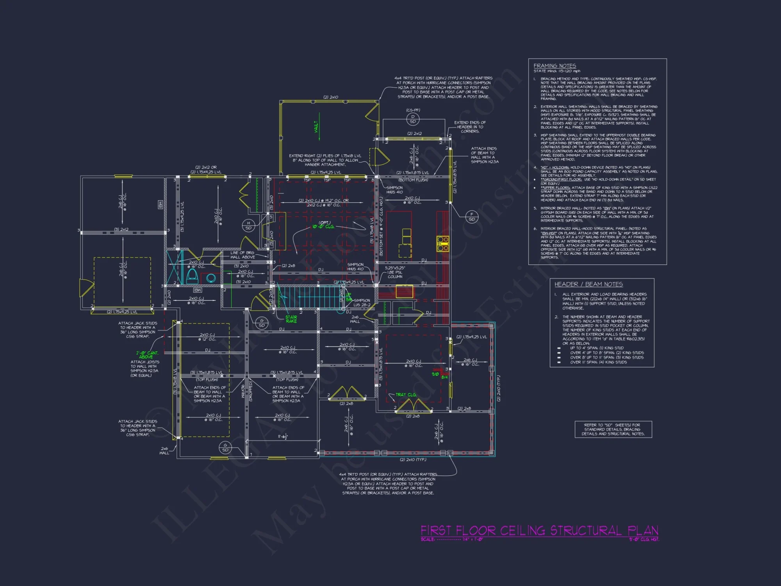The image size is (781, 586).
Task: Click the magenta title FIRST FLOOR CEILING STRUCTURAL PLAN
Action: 539,531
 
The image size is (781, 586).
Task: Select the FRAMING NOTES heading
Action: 555,66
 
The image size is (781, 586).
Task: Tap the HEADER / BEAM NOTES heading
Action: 588,284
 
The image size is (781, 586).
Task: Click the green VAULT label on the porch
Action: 316,127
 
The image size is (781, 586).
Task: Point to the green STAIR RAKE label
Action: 291,319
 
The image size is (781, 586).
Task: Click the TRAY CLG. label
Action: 406,395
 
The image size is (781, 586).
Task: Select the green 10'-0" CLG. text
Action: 323,227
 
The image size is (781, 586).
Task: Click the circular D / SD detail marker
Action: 413,119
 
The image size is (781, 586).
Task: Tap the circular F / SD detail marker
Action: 472,216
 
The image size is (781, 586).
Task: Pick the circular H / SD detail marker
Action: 248,225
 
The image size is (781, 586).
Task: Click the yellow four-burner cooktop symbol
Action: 442,243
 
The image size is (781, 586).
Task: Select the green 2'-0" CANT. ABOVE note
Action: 147,355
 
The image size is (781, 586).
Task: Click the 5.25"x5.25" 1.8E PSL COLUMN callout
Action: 395,272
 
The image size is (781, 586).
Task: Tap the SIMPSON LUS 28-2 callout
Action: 362,303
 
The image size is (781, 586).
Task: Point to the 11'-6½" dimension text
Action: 283,436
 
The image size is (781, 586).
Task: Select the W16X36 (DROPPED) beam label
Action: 246,391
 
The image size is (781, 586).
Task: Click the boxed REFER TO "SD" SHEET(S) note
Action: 613,429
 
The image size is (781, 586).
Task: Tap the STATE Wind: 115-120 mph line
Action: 557,71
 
